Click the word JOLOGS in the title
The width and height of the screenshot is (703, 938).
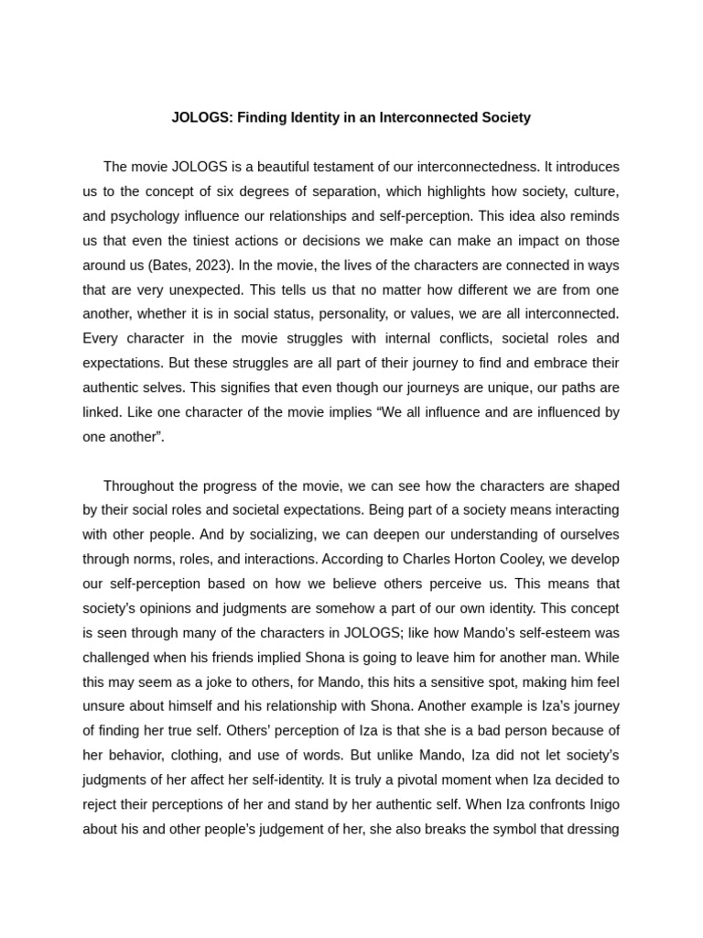[x=199, y=117]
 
